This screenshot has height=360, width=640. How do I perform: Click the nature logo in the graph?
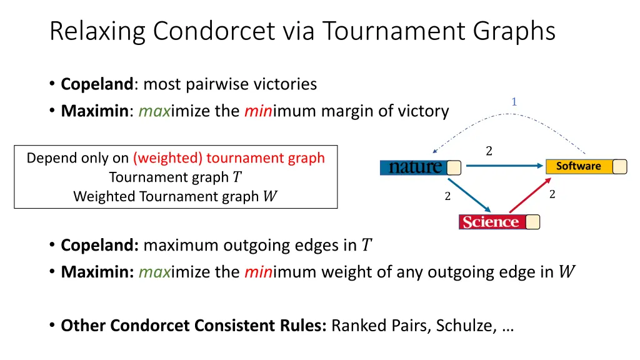tap(414, 167)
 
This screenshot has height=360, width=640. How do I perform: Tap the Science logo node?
tap(491, 222)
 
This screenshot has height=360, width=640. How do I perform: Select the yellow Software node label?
tap(578, 166)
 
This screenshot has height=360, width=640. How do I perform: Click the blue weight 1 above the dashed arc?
tap(514, 102)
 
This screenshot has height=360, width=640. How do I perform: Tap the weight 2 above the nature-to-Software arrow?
tap(489, 151)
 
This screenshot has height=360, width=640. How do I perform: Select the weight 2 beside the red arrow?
tap(552, 194)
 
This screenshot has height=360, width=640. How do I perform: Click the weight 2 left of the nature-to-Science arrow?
tap(447, 196)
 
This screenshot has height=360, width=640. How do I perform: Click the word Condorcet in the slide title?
tap(206, 31)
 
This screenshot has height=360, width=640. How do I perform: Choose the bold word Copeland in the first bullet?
tap(97, 84)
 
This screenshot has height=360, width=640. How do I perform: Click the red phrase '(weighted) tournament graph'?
tap(229, 157)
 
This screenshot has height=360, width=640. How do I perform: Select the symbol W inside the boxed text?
tap(270, 196)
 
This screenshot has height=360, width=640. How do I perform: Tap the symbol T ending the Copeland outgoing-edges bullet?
tap(367, 245)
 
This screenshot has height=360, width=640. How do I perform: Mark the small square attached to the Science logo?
tap(533, 222)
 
